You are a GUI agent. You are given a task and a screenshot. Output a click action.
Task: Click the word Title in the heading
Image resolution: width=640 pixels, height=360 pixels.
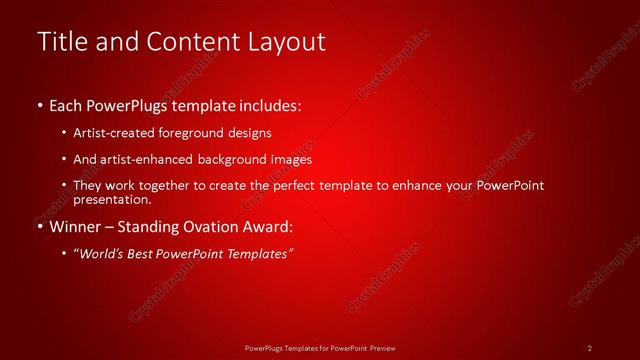pos(60,42)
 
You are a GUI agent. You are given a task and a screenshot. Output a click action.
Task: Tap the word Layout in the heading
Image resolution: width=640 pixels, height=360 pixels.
pos(288,42)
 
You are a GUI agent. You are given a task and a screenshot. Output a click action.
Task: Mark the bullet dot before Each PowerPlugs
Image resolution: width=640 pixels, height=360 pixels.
pos(39,105)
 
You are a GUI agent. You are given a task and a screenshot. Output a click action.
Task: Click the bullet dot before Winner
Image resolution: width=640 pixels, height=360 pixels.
pos(39,227)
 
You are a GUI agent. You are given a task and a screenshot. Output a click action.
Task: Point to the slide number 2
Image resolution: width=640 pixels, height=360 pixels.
pos(590,347)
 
